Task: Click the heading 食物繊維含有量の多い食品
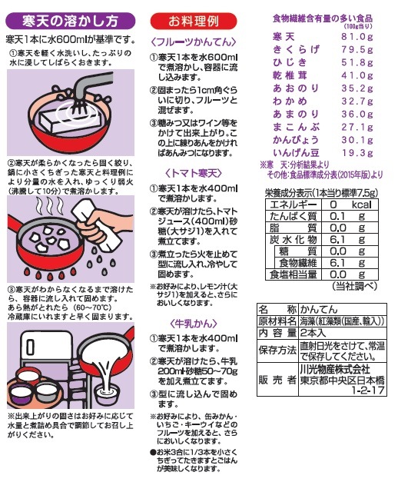coord(323,17)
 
